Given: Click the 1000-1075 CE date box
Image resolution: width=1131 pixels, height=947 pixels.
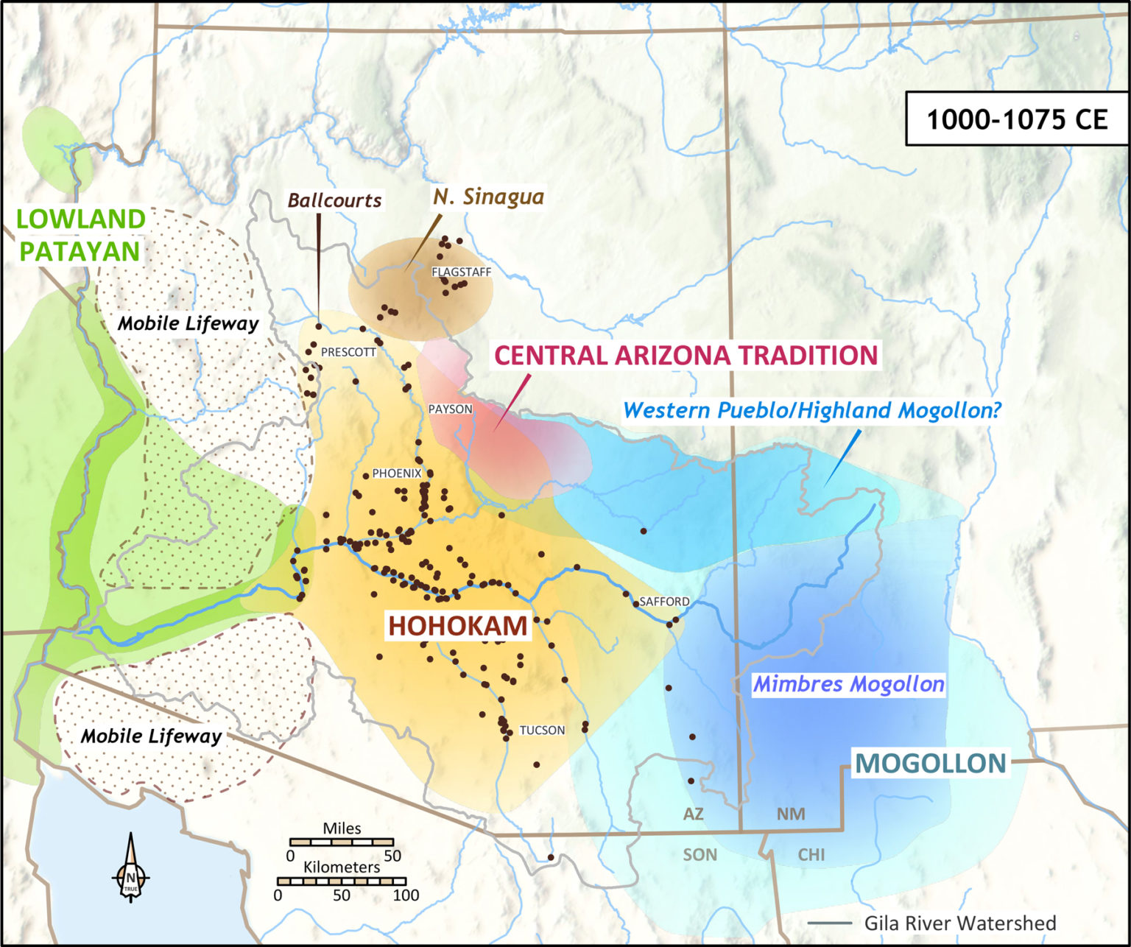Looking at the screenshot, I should click(1016, 119).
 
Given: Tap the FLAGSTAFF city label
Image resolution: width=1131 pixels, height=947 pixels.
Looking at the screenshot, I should click(461, 272).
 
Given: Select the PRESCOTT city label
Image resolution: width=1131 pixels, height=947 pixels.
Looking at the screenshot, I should click(348, 352).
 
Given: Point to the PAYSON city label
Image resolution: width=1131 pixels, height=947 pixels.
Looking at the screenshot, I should click(450, 409).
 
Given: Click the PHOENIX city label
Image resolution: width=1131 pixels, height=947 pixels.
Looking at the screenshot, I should click(396, 473).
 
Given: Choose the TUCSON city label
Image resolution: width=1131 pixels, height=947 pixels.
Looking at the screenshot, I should click(542, 730).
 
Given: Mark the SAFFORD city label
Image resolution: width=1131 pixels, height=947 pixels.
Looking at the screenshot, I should click(664, 601).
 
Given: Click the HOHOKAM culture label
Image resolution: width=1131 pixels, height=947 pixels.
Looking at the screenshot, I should click(457, 625).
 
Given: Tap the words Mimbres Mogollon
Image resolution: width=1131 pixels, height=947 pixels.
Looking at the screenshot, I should click(848, 684).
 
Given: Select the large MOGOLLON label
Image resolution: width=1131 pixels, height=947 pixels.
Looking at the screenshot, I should click(930, 763).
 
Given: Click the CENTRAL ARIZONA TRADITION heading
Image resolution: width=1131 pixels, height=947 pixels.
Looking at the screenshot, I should click(686, 355).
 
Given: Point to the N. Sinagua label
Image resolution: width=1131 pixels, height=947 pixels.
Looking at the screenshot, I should click(488, 196).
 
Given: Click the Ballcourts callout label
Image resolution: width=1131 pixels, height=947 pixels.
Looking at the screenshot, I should click(334, 200).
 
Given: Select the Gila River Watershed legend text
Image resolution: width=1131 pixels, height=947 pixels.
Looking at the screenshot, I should click(959, 923).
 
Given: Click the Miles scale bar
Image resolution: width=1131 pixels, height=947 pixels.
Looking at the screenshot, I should click(342, 842).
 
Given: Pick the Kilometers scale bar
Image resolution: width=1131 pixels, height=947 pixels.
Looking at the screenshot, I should click(342, 881).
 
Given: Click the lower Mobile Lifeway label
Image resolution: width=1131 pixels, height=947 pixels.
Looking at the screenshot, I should click(151, 736).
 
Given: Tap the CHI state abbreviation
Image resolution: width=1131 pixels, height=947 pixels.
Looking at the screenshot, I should click(811, 854).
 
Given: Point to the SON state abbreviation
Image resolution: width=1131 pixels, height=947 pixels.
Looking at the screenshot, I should click(700, 854).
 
